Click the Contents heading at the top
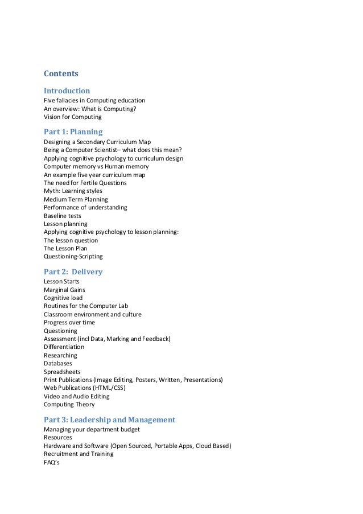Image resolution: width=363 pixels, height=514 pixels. pos(61,73)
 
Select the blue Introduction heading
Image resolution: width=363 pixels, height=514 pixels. pos(67,91)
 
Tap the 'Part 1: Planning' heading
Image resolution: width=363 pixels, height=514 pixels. pos(73,131)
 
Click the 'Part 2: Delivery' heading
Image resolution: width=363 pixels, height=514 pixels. pos(73,272)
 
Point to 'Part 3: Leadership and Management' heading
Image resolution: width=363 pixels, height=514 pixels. pos(109,420)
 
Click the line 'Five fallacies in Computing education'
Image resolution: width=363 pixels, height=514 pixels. pos(94,100)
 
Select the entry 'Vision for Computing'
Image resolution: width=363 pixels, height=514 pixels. pos(73,117)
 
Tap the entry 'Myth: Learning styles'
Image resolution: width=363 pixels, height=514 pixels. pos(73,191)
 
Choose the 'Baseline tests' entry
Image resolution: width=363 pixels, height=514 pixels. pos(63,216)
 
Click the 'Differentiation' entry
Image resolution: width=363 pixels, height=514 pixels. pos(64,347)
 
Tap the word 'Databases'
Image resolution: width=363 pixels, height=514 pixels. pos(57,363)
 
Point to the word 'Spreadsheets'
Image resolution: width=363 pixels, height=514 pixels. pos(62,372)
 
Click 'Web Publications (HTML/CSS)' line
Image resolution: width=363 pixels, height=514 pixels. pos(85,388)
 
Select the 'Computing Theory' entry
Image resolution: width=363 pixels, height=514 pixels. pos(69,404)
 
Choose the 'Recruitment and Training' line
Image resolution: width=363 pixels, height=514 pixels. pos(79,454)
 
